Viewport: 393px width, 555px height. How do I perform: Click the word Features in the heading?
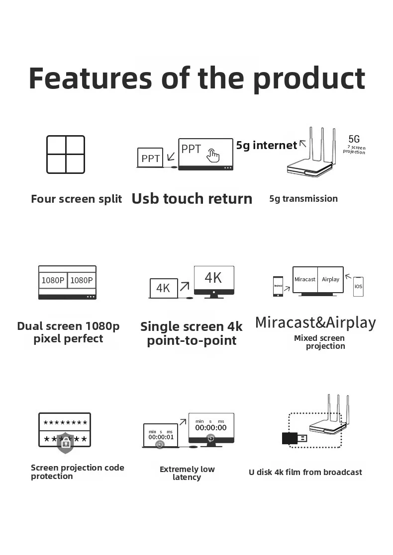[x=90, y=78]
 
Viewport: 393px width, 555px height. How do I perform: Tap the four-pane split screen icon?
[x=66, y=155]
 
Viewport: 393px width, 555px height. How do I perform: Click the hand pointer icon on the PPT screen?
[x=213, y=155]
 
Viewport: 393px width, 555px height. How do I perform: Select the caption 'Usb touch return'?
[x=192, y=199]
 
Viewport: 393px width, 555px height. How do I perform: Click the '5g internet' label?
[x=266, y=145]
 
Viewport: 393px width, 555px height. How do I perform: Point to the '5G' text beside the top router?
[x=354, y=139]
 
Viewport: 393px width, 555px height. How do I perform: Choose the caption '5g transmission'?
[x=303, y=199]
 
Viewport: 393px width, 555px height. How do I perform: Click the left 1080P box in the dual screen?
[x=53, y=280]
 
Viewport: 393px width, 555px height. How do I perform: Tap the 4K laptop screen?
[x=163, y=288]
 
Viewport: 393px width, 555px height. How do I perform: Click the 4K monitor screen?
[x=213, y=278]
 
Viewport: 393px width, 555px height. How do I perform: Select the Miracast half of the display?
[x=304, y=279]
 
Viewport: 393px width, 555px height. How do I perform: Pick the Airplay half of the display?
[x=330, y=279]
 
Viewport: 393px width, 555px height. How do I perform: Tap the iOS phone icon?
[x=358, y=287]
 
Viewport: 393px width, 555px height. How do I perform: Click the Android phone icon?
[x=278, y=286]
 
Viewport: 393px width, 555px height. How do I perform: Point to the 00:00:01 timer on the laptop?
[x=161, y=437]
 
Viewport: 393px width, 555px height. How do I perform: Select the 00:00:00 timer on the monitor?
[x=210, y=427]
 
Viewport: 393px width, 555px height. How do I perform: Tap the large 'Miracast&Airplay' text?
[x=315, y=322]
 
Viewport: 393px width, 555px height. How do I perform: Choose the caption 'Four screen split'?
[x=76, y=199]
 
